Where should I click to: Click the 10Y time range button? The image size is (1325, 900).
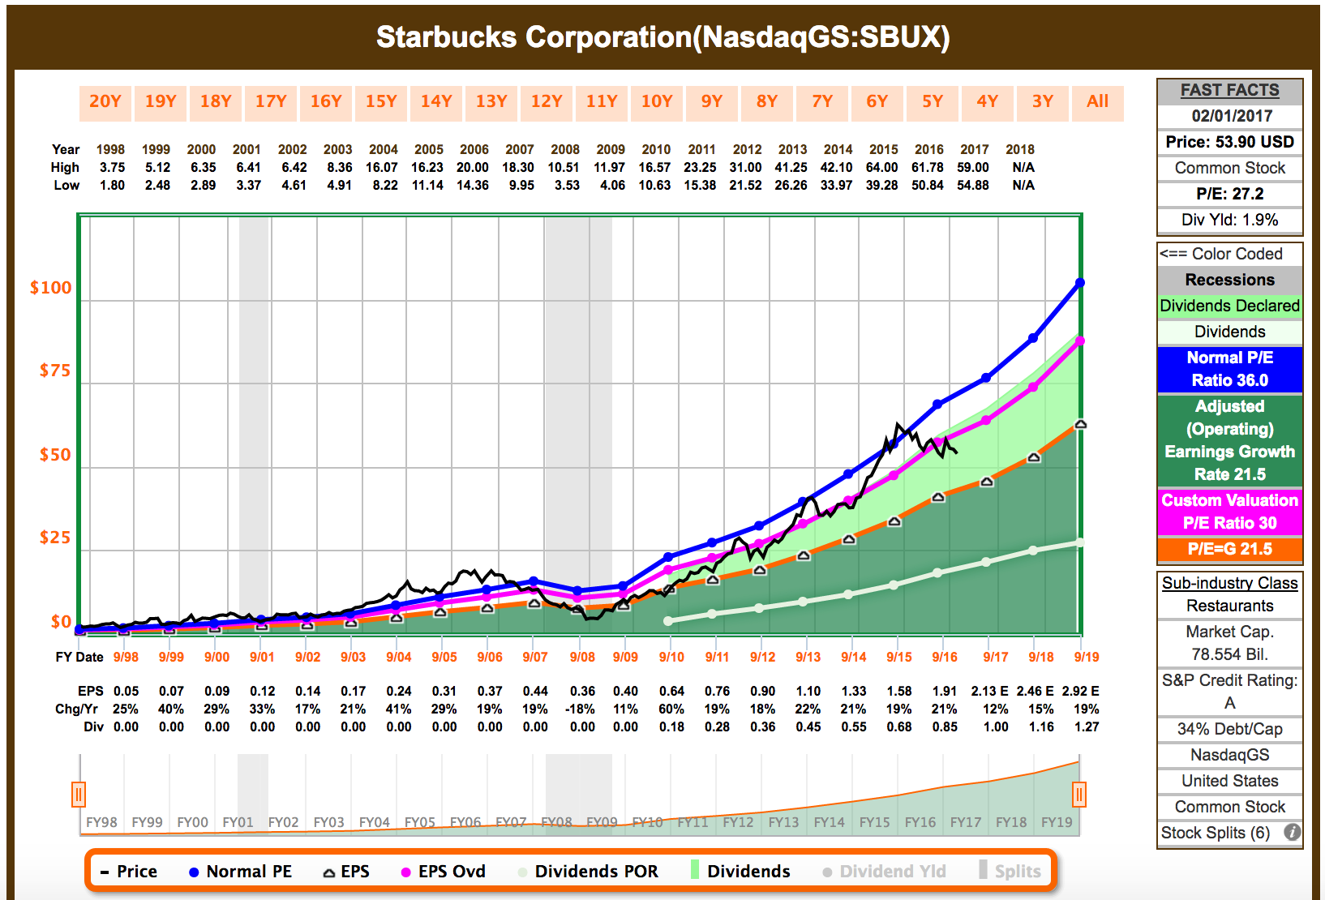click(x=657, y=102)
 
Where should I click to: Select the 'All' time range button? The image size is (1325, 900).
click(x=1097, y=102)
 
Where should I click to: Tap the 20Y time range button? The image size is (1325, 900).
click(x=105, y=102)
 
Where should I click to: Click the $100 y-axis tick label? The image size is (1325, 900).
click(x=50, y=288)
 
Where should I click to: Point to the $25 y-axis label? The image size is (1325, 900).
click(x=54, y=538)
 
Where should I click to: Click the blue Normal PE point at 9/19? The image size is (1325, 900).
click(x=1080, y=283)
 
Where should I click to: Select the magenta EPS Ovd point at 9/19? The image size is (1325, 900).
click(x=1080, y=341)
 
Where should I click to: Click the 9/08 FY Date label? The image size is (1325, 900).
click(x=582, y=657)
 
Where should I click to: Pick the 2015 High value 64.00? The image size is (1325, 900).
click(x=882, y=167)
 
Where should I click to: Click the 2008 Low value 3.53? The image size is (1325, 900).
click(x=567, y=185)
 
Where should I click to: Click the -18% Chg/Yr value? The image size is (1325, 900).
click(x=581, y=709)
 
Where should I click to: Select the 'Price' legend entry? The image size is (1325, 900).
click(x=129, y=872)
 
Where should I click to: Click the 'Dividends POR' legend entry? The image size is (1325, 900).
click(x=588, y=872)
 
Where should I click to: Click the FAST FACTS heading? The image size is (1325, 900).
click(x=1229, y=90)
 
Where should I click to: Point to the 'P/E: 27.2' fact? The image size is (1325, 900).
click(x=1229, y=194)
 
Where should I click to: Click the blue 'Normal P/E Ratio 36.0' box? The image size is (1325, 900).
click(x=1229, y=369)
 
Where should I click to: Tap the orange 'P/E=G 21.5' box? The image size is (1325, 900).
click(x=1229, y=549)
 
